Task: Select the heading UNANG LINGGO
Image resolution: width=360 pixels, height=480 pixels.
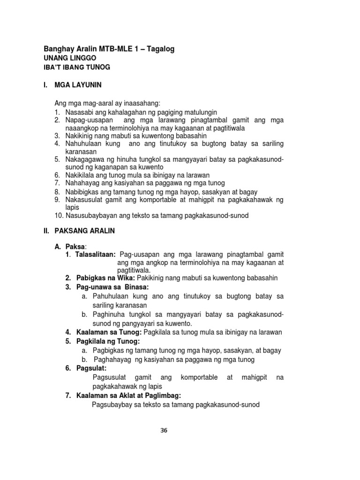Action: coord(66,59)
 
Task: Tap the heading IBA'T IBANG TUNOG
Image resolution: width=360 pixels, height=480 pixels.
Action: coord(77,67)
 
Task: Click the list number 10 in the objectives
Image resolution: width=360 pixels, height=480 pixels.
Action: coord(58,215)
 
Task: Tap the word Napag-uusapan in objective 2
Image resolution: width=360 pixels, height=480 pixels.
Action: coord(87,120)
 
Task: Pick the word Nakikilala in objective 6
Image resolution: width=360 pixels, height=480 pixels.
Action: coord(80,174)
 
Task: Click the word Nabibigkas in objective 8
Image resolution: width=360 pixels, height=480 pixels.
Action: coord(82,192)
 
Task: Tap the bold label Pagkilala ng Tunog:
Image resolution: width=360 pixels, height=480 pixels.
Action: coord(106,341)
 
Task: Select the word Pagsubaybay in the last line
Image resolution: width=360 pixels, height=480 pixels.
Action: coord(112,405)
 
